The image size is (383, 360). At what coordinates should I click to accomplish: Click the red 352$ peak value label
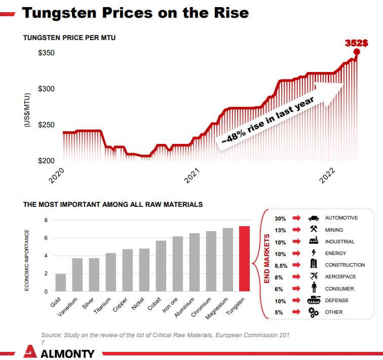click(x=357, y=43)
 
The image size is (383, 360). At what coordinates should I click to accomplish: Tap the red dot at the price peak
click(x=357, y=52)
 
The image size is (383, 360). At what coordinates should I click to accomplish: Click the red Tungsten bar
click(x=245, y=259)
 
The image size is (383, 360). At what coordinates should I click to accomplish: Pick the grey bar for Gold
click(x=60, y=282)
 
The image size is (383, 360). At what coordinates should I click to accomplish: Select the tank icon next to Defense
click(x=314, y=300)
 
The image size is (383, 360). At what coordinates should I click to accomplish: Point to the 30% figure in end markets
click(x=280, y=219)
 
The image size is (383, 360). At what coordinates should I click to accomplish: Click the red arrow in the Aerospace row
click(x=297, y=277)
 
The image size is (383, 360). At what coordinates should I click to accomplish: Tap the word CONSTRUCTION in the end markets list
click(x=345, y=265)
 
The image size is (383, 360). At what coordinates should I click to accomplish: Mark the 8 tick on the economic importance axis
click(x=46, y=221)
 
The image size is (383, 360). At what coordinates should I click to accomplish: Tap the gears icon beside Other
click(x=314, y=312)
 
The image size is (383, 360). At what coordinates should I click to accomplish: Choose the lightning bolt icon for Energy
click(x=314, y=253)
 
